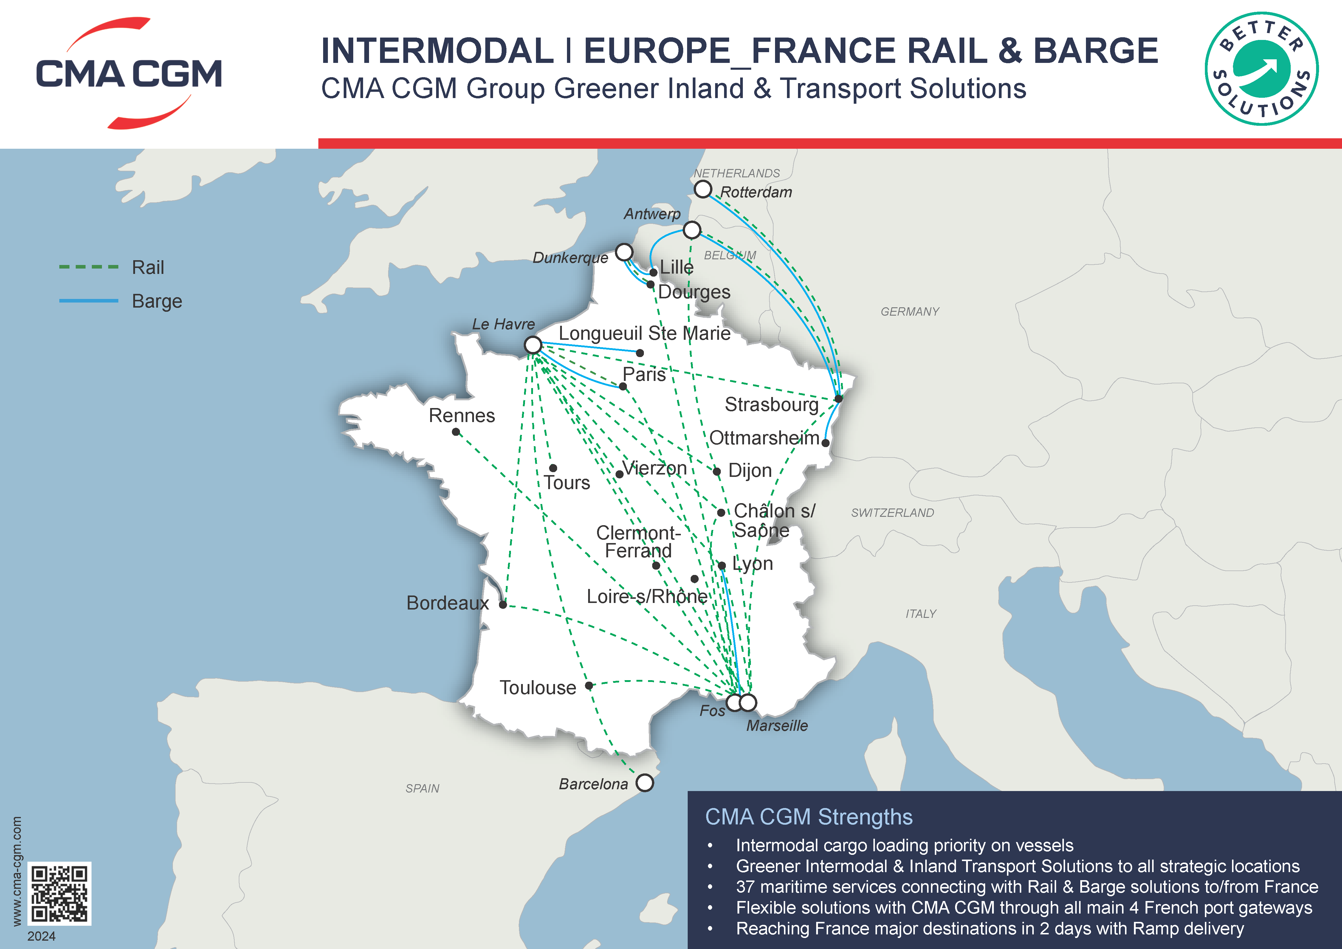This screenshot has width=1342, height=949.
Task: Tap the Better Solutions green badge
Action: (1261, 69)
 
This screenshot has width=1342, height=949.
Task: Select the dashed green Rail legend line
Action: (89, 267)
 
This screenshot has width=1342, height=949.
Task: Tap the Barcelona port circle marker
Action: (645, 782)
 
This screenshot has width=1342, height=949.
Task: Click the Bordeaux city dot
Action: (503, 605)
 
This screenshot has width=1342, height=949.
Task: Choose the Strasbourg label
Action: (771, 404)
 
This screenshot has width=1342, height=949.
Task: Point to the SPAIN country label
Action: (422, 788)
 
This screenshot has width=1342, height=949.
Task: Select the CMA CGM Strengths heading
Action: (808, 817)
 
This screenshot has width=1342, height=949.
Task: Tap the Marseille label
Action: (777, 726)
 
